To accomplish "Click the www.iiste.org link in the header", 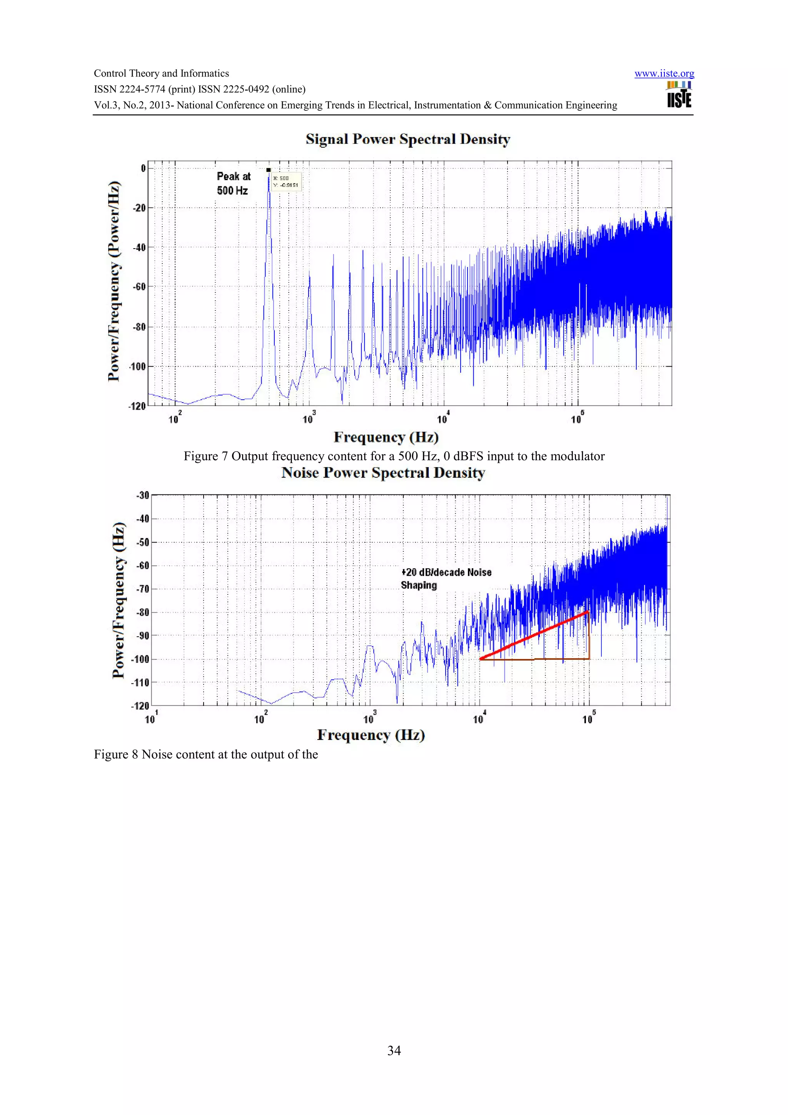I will pyautogui.click(x=664, y=74).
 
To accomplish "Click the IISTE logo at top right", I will pyautogui.click(x=679, y=94).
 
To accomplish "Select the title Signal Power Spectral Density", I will pyautogui.click(x=407, y=139).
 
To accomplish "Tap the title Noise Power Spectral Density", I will pyautogui.click(x=383, y=473).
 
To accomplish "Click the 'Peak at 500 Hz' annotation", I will pyautogui.click(x=234, y=183).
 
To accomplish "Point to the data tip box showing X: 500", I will pyautogui.click(x=286, y=182).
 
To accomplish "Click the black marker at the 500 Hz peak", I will pyautogui.click(x=269, y=170).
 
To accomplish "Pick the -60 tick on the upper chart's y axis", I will pyautogui.click(x=139, y=287).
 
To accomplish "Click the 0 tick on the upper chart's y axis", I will pyautogui.click(x=143, y=169).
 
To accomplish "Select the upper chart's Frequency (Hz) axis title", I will pyautogui.click(x=386, y=437).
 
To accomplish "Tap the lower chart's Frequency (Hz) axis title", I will pyautogui.click(x=371, y=735).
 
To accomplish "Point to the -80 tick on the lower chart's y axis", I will pyautogui.click(x=142, y=613).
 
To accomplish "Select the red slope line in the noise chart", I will pyautogui.click(x=534, y=635).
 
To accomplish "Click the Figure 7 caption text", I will pyautogui.click(x=394, y=456).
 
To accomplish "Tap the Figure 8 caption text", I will pyautogui.click(x=206, y=754).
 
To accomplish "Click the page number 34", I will pyautogui.click(x=394, y=1050).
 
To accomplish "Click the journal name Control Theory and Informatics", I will pyautogui.click(x=161, y=74).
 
